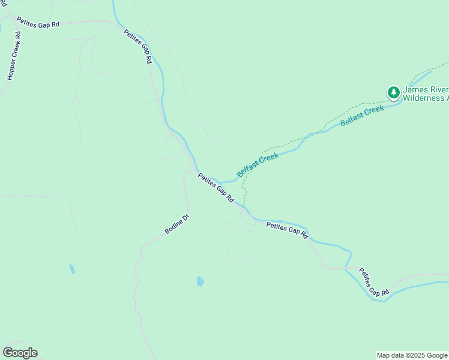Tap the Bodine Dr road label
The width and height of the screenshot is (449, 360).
[x=178, y=224]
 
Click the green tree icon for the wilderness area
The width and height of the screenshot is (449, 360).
[x=393, y=92]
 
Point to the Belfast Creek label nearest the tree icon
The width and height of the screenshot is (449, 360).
[x=361, y=115]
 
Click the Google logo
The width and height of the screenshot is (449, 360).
[x=20, y=353]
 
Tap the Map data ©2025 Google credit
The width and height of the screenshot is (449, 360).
[x=412, y=355]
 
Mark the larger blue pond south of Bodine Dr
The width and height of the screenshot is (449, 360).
[x=200, y=281]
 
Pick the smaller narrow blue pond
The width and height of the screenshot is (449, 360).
[x=72, y=269]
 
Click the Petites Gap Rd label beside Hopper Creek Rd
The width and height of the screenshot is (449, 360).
[x=38, y=23]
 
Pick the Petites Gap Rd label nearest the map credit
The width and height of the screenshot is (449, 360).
[x=374, y=282]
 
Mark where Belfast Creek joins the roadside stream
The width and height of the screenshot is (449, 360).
[x=220, y=181]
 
